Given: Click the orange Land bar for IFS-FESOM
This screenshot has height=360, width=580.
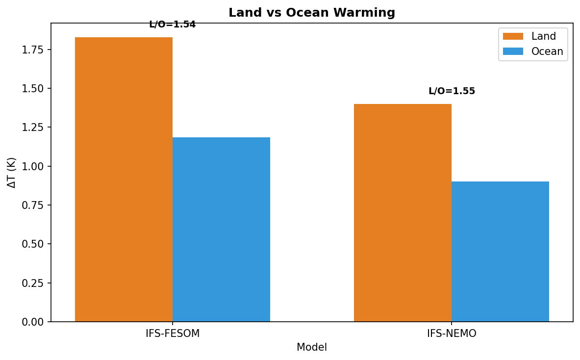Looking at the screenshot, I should [124, 180].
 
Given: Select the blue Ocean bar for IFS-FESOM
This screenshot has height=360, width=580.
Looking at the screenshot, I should [221, 230].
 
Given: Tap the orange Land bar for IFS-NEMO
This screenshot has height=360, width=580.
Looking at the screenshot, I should [403, 213].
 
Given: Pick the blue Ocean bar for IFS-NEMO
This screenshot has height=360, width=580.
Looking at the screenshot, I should [500, 252].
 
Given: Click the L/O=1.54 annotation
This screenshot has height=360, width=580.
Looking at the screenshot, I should [172, 25].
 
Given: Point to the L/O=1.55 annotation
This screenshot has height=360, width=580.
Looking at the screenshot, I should [452, 91].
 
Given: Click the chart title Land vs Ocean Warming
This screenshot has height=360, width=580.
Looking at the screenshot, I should [312, 13].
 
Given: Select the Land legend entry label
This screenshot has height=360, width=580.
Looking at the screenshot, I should [543, 36].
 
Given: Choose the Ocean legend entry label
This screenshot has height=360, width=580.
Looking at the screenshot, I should [547, 51].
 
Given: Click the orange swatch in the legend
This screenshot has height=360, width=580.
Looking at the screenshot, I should [513, 36].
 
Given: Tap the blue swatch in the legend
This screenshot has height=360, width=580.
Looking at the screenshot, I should [513, 51].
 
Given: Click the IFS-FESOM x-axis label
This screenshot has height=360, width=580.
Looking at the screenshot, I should [173, 334].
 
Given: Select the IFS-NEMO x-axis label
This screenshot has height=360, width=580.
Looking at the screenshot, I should [452, 334].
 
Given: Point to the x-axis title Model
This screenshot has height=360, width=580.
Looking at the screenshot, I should [312, 347].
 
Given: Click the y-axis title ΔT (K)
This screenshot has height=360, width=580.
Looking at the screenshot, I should [12, 173].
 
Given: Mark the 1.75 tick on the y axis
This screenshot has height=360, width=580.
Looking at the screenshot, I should [33, 50].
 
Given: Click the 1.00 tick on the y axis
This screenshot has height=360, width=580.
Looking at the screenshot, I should [33, 166].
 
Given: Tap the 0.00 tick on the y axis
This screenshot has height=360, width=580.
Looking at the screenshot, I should [33, 322].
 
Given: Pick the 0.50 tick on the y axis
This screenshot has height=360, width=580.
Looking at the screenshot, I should [33, 244].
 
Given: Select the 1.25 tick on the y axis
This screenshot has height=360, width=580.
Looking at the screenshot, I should [33, 128].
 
